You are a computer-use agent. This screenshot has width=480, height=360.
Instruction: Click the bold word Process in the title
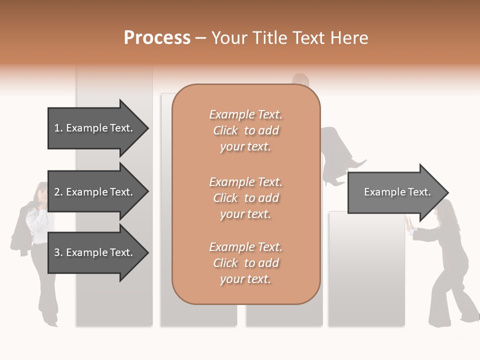click(157, 38)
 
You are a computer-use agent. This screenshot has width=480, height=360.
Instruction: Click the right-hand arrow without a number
click(395, 192)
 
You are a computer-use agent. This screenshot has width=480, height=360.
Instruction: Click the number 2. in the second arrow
click(58, 192)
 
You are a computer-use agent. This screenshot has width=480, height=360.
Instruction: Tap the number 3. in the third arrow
click(58, 252)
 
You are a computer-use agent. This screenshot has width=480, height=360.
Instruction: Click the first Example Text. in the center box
click(245, 114)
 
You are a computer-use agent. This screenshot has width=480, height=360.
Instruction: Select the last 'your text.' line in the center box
click(245, 279)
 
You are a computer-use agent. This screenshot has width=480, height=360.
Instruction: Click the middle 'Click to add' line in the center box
click(245, 198)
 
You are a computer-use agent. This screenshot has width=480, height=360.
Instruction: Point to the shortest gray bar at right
click(366, 270)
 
